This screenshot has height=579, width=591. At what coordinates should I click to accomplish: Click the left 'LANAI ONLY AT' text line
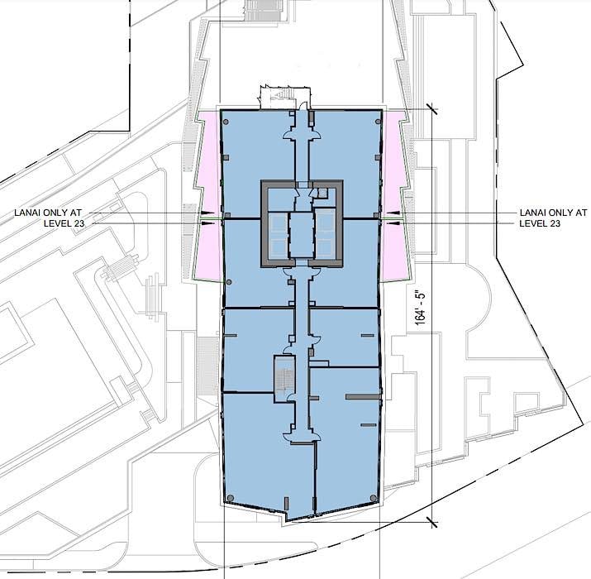48,213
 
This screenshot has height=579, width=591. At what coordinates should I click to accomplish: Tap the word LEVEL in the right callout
531,223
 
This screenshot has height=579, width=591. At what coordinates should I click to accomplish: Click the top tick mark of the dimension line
432,109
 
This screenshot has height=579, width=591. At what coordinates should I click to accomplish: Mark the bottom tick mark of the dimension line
432,522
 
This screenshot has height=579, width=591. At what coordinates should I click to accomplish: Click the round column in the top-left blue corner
226,122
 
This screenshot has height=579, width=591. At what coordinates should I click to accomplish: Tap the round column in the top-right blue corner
378,122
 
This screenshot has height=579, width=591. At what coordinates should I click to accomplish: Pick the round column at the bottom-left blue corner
231,498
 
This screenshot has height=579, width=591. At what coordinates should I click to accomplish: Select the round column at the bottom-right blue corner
374,498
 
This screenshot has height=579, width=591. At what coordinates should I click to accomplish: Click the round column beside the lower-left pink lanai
229,282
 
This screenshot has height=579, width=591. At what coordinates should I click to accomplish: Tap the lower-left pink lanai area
208,251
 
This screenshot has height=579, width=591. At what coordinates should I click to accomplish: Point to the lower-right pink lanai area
396,251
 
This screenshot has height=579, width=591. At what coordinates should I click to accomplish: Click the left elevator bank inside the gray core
278,235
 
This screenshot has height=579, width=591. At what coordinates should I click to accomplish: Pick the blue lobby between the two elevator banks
302,235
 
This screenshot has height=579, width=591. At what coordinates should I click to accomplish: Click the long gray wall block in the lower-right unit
362,396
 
